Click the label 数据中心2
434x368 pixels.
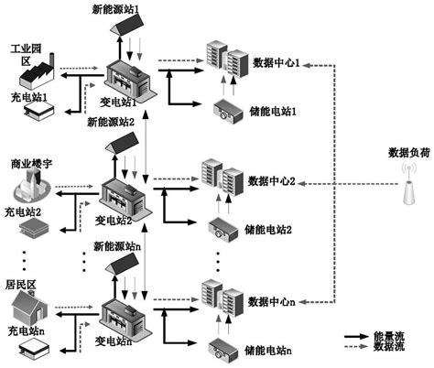click(274, 180)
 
